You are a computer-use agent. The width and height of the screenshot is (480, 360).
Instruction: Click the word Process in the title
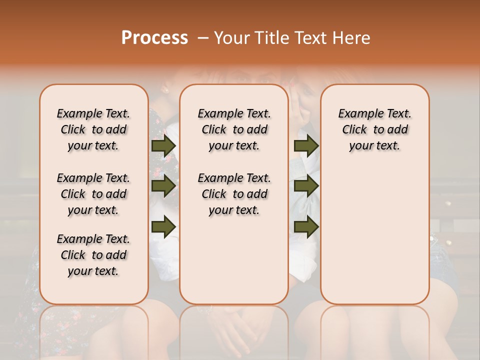pyautogui.click(x=154, y=38)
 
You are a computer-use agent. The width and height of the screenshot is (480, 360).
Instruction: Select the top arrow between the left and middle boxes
pyautogui.click(x=163, y=145)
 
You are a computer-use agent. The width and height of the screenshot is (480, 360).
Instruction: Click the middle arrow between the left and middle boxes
pyautogui.click(x=163, y=186)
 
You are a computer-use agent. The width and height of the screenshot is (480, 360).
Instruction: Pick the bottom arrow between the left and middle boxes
pyautogui.click(x=163, y=226)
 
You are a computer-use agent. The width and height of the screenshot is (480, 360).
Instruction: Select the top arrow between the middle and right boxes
pyautogui.click(x=306, y=145)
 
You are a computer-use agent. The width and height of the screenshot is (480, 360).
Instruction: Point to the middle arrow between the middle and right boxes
pyautogui.click(x=306, y=186)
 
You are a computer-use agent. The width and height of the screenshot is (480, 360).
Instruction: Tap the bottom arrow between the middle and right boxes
pyautogui.click(x=306, y=226)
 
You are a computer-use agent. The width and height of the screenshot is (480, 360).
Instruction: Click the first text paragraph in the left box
pyautogui.click(x=93, y=129)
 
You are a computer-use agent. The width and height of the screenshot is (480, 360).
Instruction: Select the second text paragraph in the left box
pyautogui.click(x=93, y=194)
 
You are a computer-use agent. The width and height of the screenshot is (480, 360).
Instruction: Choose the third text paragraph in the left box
pyautogui.click(x=93, y=255)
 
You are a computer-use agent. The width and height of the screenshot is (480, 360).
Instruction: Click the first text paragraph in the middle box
pyautogui.click(x=234, y=129)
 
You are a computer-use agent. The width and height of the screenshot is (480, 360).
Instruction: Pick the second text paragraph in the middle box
pyautogui.click(x=234, y=194)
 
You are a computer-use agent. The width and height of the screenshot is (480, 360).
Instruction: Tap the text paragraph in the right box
pyautogui.click(x=374, y=129)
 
